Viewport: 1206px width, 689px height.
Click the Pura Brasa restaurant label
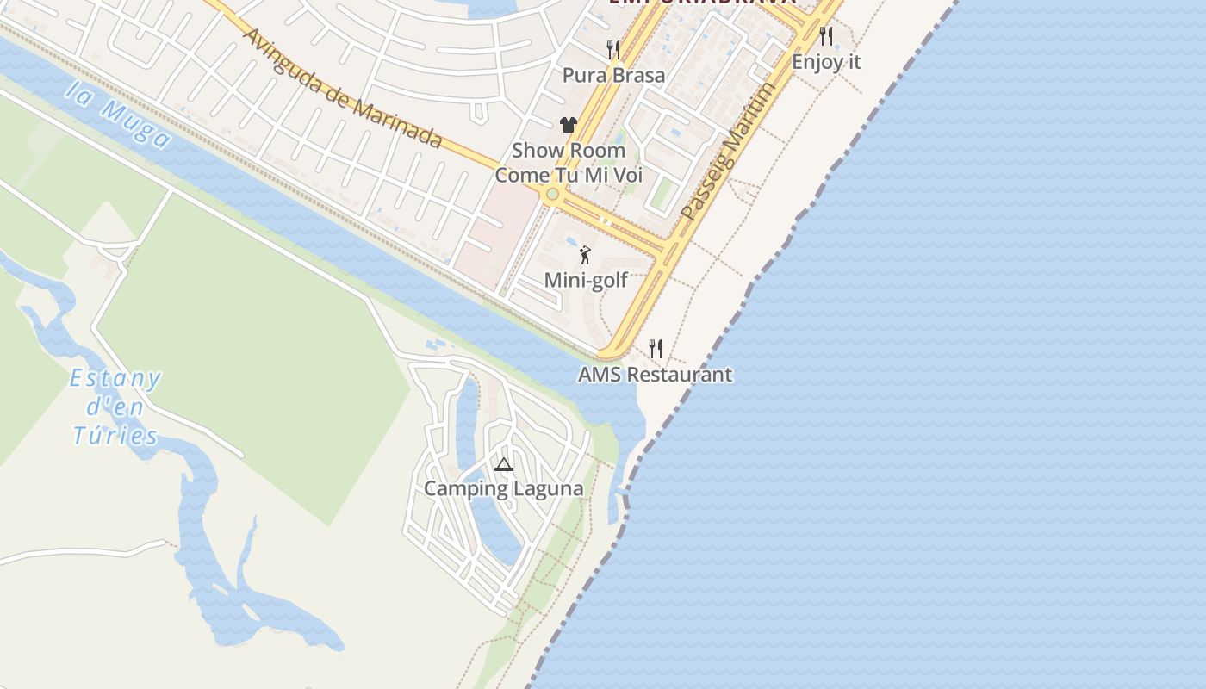point(613,75)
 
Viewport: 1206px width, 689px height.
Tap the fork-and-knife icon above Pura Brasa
point(613,49)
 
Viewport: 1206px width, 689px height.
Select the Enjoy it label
point(826,62)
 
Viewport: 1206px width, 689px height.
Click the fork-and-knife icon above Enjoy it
point(826,36)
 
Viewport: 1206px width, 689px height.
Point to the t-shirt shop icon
point(568,125)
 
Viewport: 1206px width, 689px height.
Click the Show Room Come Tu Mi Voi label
point(569,162)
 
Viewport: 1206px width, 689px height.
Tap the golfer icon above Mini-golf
point(586,255)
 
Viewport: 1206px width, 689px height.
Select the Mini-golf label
point(586,280)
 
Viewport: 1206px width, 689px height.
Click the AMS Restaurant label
point(655,375)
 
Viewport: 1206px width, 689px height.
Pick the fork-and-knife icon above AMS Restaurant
point(656,349)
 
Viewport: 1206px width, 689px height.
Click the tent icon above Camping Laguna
point(504,465)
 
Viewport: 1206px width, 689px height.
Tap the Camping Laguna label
point(503,488)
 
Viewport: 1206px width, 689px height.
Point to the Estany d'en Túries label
point(115,407)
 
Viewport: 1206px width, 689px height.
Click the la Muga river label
point(118,115)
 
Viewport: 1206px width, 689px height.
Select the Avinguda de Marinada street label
point(343,88)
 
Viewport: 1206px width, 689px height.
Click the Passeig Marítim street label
point(728,151)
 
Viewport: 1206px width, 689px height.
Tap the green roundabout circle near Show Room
point(552,195)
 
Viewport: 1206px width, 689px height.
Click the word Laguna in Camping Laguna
point(547,488)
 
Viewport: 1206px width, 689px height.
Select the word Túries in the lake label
point(115,435)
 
